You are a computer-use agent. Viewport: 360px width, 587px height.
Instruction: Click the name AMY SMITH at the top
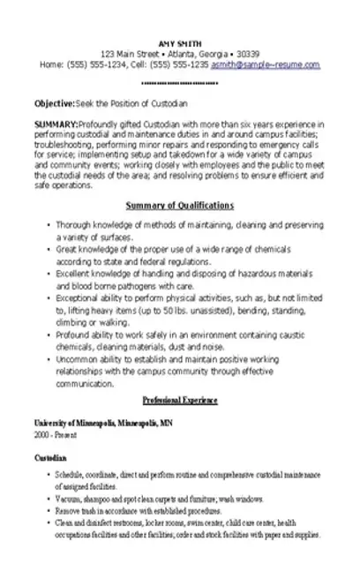coord(178,41)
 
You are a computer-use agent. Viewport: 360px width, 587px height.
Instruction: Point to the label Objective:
coord(54,102)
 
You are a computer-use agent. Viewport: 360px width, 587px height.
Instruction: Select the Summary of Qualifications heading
coord(179,205)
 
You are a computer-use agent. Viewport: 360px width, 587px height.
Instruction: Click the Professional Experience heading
coord(179,400)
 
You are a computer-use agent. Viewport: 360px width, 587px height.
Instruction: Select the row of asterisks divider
coord(179,83)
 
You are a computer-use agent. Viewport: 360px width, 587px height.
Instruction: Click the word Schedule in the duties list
coord(71,474)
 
